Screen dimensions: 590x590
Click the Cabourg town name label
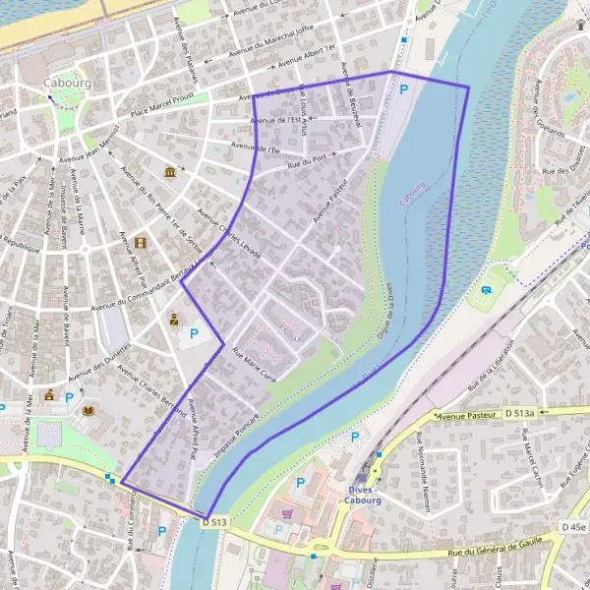(x=67, y=84)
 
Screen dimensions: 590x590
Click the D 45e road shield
(x=573, y=527)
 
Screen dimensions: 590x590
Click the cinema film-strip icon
(x=142, y=242)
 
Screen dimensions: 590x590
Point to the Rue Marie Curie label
(x=253, y=362)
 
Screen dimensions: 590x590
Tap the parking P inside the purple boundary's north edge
(x=404, y=89)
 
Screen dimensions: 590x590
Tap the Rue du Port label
(x=307, y=158)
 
